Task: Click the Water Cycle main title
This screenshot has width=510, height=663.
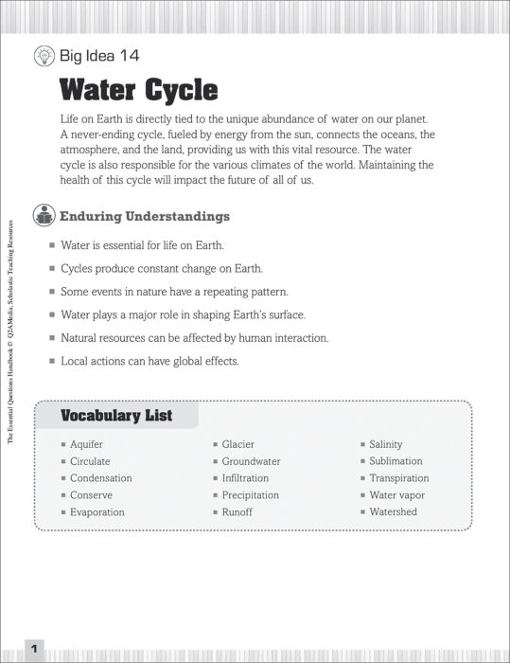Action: coord(138,90)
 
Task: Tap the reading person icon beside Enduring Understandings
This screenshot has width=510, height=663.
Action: coord(44,216)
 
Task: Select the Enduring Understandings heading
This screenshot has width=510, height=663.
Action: coord(145,216)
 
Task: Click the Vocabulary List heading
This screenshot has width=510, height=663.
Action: coord(116,415)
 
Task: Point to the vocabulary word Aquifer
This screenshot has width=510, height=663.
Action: coord(86,444)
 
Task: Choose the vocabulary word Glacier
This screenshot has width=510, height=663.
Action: coord(237,444)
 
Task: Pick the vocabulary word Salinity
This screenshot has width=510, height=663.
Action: coord(385,444)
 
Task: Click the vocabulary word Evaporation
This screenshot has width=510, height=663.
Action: coord(97,512)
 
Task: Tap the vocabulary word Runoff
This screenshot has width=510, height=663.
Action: coord(237,512)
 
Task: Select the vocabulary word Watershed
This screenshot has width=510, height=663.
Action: coord(393,512)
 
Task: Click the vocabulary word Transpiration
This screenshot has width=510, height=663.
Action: coord(398,478)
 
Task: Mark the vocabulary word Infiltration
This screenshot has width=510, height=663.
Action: coord(245,478)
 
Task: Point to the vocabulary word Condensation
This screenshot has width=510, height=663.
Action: coord(100,478)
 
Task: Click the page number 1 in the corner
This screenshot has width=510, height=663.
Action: coord(33,649)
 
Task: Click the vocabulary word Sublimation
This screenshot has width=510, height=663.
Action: coord(396,461)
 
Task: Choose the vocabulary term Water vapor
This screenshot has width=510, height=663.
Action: coord(396,495)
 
